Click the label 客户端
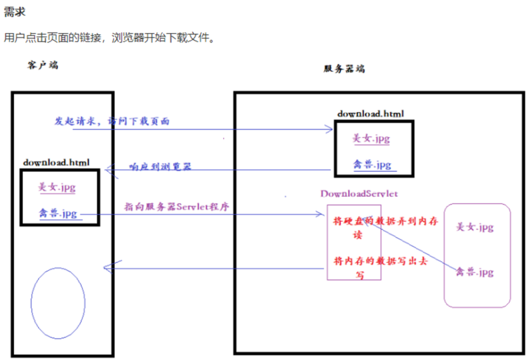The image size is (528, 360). (x=43, y=65)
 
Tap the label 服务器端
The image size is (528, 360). (x=344, y=69)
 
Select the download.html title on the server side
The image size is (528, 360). (x=370, y=113)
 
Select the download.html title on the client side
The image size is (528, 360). (x=56, y=162)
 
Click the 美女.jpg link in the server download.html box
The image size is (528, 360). (x=372, y=138)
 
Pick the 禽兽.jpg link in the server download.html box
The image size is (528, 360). (x=372, y=165)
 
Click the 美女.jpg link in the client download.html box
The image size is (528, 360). (x=57, y=187)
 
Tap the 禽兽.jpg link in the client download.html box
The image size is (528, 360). (x=57, y=213)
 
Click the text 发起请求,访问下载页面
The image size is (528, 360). (x=112, y=120)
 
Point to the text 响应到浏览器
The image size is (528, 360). (x=160, y=166)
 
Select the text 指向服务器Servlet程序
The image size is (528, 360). (x=177, y=206)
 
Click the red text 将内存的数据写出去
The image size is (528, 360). (x=380, y=261)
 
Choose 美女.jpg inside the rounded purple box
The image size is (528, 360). (x=474, y=226)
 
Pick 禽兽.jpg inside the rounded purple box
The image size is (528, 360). (x=474, y=273)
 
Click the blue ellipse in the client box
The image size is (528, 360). (x=58, y=303)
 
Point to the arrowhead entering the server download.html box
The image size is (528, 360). (x=329, y=129)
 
